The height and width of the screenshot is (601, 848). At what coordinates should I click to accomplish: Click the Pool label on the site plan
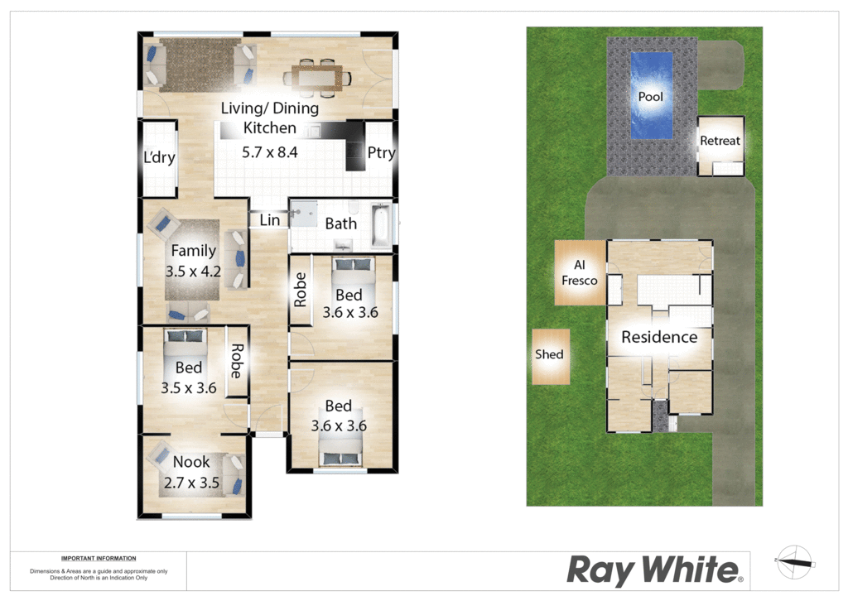(x=650, y=97)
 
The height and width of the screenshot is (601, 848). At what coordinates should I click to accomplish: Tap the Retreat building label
(x=720, y=141)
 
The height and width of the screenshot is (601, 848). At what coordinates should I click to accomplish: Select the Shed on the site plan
(x=551, y=357)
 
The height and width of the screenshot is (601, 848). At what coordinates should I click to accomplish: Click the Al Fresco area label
(x=579, y=272)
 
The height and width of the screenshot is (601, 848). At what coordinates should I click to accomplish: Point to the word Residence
(x=659, y=337)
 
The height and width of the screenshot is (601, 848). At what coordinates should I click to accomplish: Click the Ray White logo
(x=654, y=570)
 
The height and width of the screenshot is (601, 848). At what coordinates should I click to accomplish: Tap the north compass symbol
(x=794, y=563)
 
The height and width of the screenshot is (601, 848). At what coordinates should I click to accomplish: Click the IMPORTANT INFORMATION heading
(x=99, y=558)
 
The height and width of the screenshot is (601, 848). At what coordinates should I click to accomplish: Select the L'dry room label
(x=159, y=157)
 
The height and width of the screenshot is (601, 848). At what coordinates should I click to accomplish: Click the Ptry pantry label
(x=381, y=153)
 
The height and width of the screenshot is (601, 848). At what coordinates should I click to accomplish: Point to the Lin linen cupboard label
(x=270, y=220)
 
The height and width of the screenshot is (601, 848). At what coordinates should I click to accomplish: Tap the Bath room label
(x=340, y=224)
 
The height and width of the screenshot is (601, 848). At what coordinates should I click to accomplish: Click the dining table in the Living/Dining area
(x=317, y=78)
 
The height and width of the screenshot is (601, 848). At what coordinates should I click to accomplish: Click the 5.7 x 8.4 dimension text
(x=269, y=152)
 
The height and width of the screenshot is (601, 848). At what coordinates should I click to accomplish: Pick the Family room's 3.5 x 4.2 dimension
(x=193, y=272)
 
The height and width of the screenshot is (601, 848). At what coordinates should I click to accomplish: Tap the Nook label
(x=191, y=462)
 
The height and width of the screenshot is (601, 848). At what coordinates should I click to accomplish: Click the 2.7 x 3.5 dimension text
(x=191, y=483)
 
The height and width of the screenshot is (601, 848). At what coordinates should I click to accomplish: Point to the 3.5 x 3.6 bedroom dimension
(x=189, y=388)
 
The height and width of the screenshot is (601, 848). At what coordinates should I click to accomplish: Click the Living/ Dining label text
(x=270, y=108)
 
